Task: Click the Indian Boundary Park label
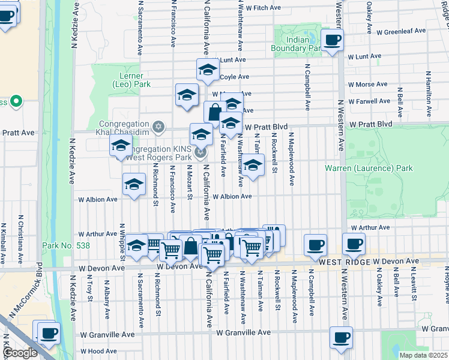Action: click(297, 44)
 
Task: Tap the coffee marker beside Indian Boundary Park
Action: click(332, 40)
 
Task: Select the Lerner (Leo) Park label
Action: click(127, 80)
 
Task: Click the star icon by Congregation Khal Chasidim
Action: click(158, 126)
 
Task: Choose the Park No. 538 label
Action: click(62, 245)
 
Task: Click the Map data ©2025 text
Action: click(423, 355)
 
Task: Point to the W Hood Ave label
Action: click(98, 351)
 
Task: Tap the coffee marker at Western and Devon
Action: click(354, 244)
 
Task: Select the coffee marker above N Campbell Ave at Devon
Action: click(315, 244)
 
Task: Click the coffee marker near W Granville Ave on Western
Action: click(341, 337)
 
